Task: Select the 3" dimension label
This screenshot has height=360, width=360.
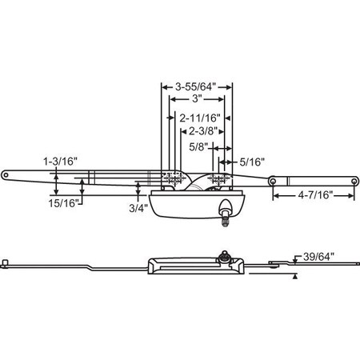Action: [197, 99]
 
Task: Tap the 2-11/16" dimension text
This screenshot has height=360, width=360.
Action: [200, 118]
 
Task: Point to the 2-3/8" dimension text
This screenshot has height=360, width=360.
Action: [202, 131]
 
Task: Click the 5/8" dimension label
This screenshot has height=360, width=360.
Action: [198, 147]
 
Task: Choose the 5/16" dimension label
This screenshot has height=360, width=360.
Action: [252, 162]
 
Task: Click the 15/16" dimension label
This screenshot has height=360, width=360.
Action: [62, 203]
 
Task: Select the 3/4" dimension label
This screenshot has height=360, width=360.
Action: [138, 208]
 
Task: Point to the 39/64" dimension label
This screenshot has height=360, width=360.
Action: [318, 257]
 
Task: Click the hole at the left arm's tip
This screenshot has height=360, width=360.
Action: [6, 175]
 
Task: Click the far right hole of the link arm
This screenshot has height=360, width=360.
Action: [354, 182]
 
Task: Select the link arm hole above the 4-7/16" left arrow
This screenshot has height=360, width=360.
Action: [273, 182]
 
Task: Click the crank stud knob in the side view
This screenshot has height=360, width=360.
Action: [225, 255]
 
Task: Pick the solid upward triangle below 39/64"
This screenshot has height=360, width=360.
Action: [294, 277]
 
